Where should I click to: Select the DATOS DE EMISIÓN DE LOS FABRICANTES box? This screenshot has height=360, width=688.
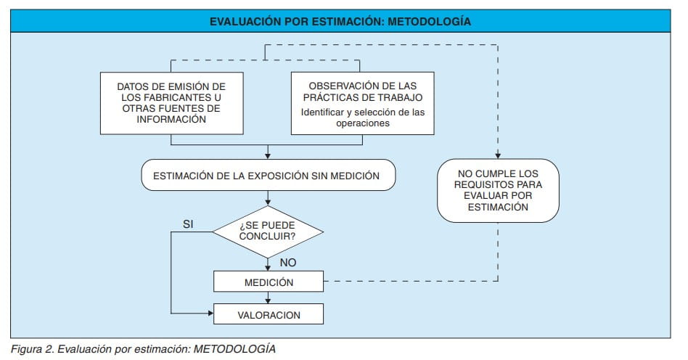(171, 102)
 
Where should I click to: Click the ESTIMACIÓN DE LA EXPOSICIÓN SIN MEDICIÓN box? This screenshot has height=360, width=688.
(269, 176)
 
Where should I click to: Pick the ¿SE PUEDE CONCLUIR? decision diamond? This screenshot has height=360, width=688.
(268, 231)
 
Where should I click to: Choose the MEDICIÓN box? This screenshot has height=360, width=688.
(268, 281)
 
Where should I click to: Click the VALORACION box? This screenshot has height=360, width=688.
(268, 314)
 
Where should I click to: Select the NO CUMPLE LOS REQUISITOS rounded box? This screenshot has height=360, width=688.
(498, 190)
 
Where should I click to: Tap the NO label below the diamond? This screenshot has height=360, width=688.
(288, 262)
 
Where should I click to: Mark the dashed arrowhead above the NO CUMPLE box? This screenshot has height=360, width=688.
(498, 155)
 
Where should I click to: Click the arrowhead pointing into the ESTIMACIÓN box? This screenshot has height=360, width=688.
(269, 155)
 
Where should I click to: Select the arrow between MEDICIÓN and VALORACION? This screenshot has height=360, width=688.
(269, 298)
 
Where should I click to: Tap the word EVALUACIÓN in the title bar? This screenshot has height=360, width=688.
(241, 22)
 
